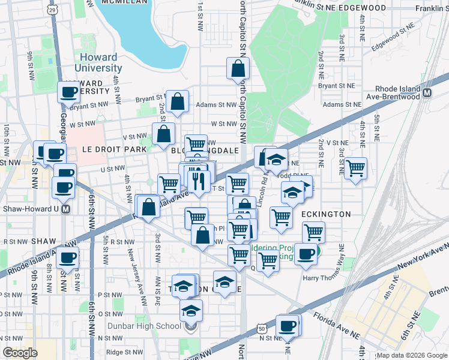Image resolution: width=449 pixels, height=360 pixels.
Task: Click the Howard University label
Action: tap(99, 62)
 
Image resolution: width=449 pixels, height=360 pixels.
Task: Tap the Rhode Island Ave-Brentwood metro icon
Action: tap(427, 94)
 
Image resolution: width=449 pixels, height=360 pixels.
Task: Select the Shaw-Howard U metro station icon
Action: tap(67, 209)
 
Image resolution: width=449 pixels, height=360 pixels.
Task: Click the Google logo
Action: tap(20, 352)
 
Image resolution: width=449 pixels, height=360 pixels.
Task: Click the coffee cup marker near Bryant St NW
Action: tap(69, 92)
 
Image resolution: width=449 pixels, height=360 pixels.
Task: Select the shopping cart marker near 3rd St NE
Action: tap(355, 167)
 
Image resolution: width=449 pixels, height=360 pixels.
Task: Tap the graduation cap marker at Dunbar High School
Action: tap(191, 310)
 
